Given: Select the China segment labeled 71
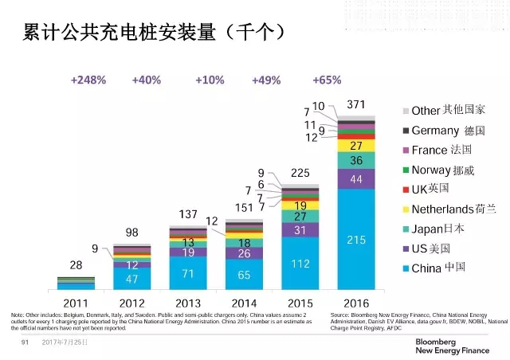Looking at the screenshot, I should pyautogui.click(x=188, y=273).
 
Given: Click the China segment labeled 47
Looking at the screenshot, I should pyautogui.click(x=131, y=279).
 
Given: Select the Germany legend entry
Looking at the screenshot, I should pyautogui.click(x=449, y=130).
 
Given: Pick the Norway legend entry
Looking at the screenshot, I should pyautogui.click(x=448, y=170).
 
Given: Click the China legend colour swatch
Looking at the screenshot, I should pyautogui.click(x=406, y=269).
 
